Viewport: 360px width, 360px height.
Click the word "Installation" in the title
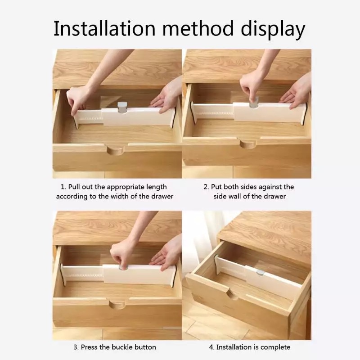(104, 29)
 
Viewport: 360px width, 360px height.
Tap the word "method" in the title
(198, 28)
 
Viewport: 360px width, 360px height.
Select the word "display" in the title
(273, 30)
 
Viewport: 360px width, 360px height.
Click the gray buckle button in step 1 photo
(122, 108)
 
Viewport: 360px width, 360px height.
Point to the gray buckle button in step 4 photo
(261, 273)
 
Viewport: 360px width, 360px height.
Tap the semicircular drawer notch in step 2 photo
(247, 144)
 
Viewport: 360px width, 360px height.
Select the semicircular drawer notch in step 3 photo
(117, 304)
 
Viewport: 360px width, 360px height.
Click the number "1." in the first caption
(63, 187)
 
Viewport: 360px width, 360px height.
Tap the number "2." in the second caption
(206, 187)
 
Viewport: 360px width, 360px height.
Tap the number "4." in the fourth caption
(211, 347)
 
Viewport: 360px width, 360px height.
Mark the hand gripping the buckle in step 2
(252, 87)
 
